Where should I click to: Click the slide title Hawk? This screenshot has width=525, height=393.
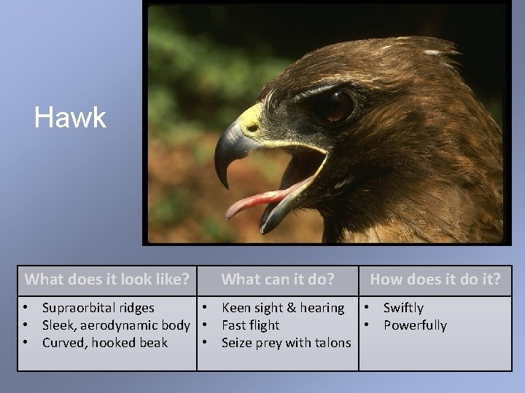70,117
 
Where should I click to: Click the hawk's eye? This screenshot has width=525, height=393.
338,106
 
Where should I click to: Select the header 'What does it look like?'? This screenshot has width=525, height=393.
107,279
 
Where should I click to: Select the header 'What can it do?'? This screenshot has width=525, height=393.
278,279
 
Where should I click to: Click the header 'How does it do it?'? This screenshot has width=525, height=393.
435,279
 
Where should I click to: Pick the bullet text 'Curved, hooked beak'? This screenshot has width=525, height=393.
105,343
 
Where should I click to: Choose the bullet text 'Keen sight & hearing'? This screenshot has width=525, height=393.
283,308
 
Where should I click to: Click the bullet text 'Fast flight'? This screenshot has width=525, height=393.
250,325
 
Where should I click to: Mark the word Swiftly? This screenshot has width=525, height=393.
403,308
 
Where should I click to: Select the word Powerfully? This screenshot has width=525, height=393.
415,325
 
